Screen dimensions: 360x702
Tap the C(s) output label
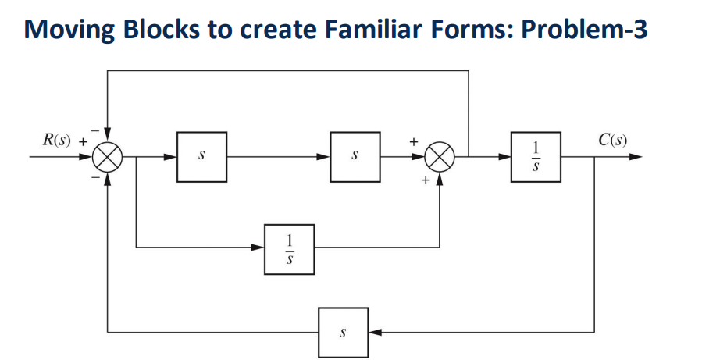(613, 141)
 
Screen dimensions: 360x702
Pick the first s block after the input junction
(201, 157)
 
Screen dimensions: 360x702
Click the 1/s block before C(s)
(536, 157)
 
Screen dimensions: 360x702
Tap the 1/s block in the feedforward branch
(290, 248)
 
